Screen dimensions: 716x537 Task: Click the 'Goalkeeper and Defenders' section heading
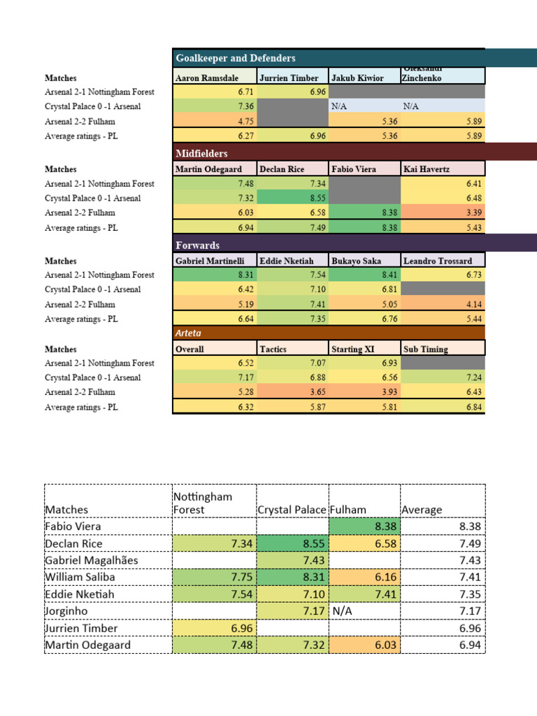click(236, 58)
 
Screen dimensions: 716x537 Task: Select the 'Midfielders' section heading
click(201, 153)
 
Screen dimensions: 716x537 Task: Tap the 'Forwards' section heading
click(197, 245)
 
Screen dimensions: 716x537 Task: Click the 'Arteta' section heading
click(188, 334)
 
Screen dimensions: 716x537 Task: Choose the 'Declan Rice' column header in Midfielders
click(282, 169)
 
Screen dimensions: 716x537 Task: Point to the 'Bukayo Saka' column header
click(356, 261)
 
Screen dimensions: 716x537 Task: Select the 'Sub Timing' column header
click(425, 349)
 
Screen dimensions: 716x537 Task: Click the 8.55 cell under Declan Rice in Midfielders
click(292, 198)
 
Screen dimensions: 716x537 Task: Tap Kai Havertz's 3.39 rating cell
click(443, 213)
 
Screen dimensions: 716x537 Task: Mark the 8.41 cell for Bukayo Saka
click(364, 275)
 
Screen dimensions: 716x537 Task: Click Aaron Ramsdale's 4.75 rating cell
click(215, 121)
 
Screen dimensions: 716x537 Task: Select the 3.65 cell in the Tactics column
click(292, 392)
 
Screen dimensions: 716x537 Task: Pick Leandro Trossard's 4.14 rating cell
click(443, 304)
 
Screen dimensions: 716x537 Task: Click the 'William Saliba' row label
click(80, 577)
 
